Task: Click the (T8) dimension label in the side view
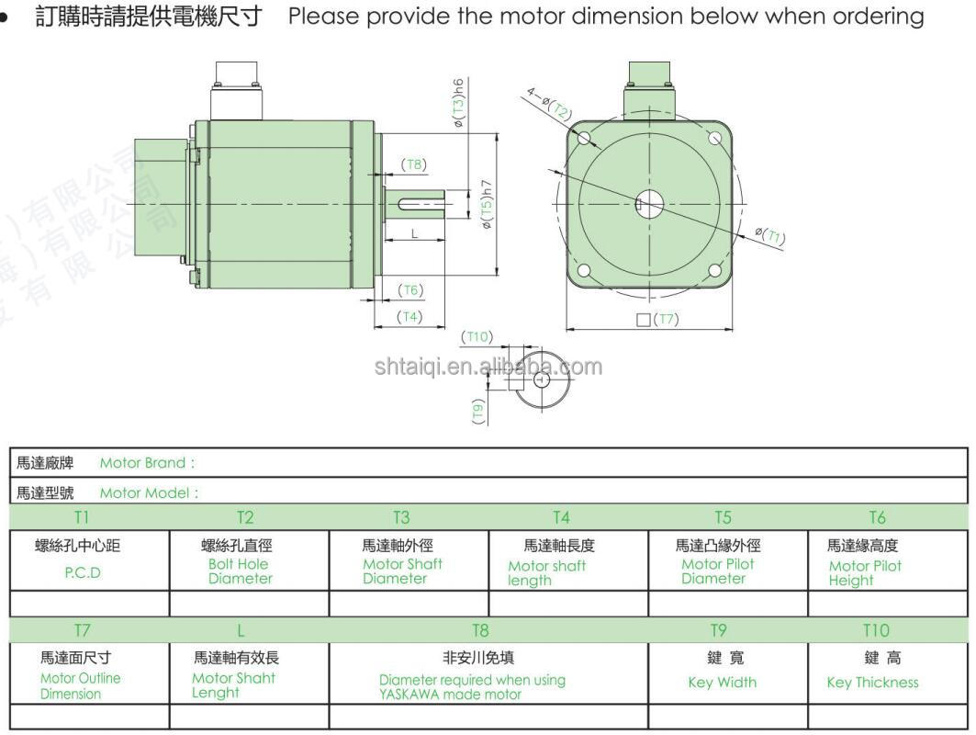click(x=414, y=164)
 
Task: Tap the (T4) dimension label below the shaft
click(x=409, y=316)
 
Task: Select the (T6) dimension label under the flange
click(x=410, y=290)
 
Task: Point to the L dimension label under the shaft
click(x=415, y=234)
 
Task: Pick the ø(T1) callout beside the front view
click(x=770, y=236)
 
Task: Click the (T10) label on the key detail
click(x=477, y=337)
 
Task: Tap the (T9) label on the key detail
click(x=478, y=412)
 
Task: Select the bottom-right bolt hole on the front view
click(x=715, y=270)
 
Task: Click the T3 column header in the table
click(x=401, y=517)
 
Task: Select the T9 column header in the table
click(x=718, y=630)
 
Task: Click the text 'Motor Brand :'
click(x=148, y=463)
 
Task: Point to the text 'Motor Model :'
click(x=150, y=493)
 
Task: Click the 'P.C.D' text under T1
click(x=83, y=573)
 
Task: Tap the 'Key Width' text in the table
click(x=723, y=683)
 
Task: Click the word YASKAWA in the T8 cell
click(x=409, y=695)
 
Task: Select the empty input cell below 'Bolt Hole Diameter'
click(x=249, y=604)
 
